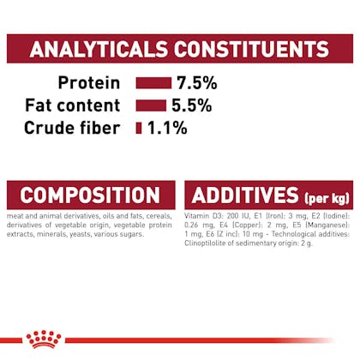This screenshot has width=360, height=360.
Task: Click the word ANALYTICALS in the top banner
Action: [99, 49]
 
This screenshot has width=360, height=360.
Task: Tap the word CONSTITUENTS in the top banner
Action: [252, 49]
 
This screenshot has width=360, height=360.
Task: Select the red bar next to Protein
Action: [153, 83]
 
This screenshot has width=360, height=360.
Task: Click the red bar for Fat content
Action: [151, 105]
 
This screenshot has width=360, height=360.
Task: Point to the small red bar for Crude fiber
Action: [139, 128]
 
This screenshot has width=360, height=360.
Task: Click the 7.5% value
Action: [197, 83]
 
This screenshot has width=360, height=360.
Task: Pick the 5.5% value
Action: [192, 105]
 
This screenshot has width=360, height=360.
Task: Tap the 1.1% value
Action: [167, 128]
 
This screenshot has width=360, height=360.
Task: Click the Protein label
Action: [89, 83]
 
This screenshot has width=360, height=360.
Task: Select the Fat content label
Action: [73, 105]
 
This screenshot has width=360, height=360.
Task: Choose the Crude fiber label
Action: [72, 128]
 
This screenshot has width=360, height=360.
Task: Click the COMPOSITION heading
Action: [90, 195]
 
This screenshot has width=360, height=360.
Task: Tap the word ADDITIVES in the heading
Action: [245, 195]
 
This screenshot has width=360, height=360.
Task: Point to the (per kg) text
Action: [327, 198]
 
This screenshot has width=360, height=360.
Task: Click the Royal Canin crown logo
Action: [44, 339]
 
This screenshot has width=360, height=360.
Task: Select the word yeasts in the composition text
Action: [82, 234]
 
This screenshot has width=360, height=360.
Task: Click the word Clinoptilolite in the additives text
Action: [202, 243]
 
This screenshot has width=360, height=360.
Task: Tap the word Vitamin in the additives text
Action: [194, 216]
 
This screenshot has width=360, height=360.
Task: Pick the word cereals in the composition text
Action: [159, 216]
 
